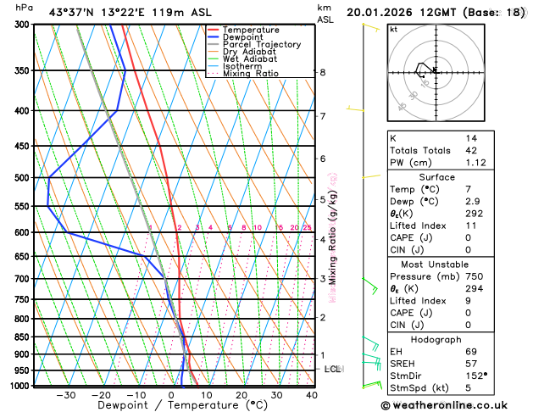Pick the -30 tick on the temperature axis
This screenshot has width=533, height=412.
click(x=66, y=395)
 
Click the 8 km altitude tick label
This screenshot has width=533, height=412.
click(x=323, y=73)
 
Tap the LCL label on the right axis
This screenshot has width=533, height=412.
click(x=333, y=370)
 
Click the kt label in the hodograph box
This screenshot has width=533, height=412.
click(x=393, y=30)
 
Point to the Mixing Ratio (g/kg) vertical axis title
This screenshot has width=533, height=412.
click(x=333, y=237)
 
